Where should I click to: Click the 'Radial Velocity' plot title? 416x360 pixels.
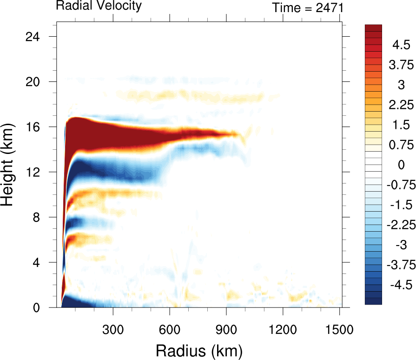tap(99, 6)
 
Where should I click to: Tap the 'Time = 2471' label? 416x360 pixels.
tap(308, 8)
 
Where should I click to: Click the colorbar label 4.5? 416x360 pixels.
tap(401, 45)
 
